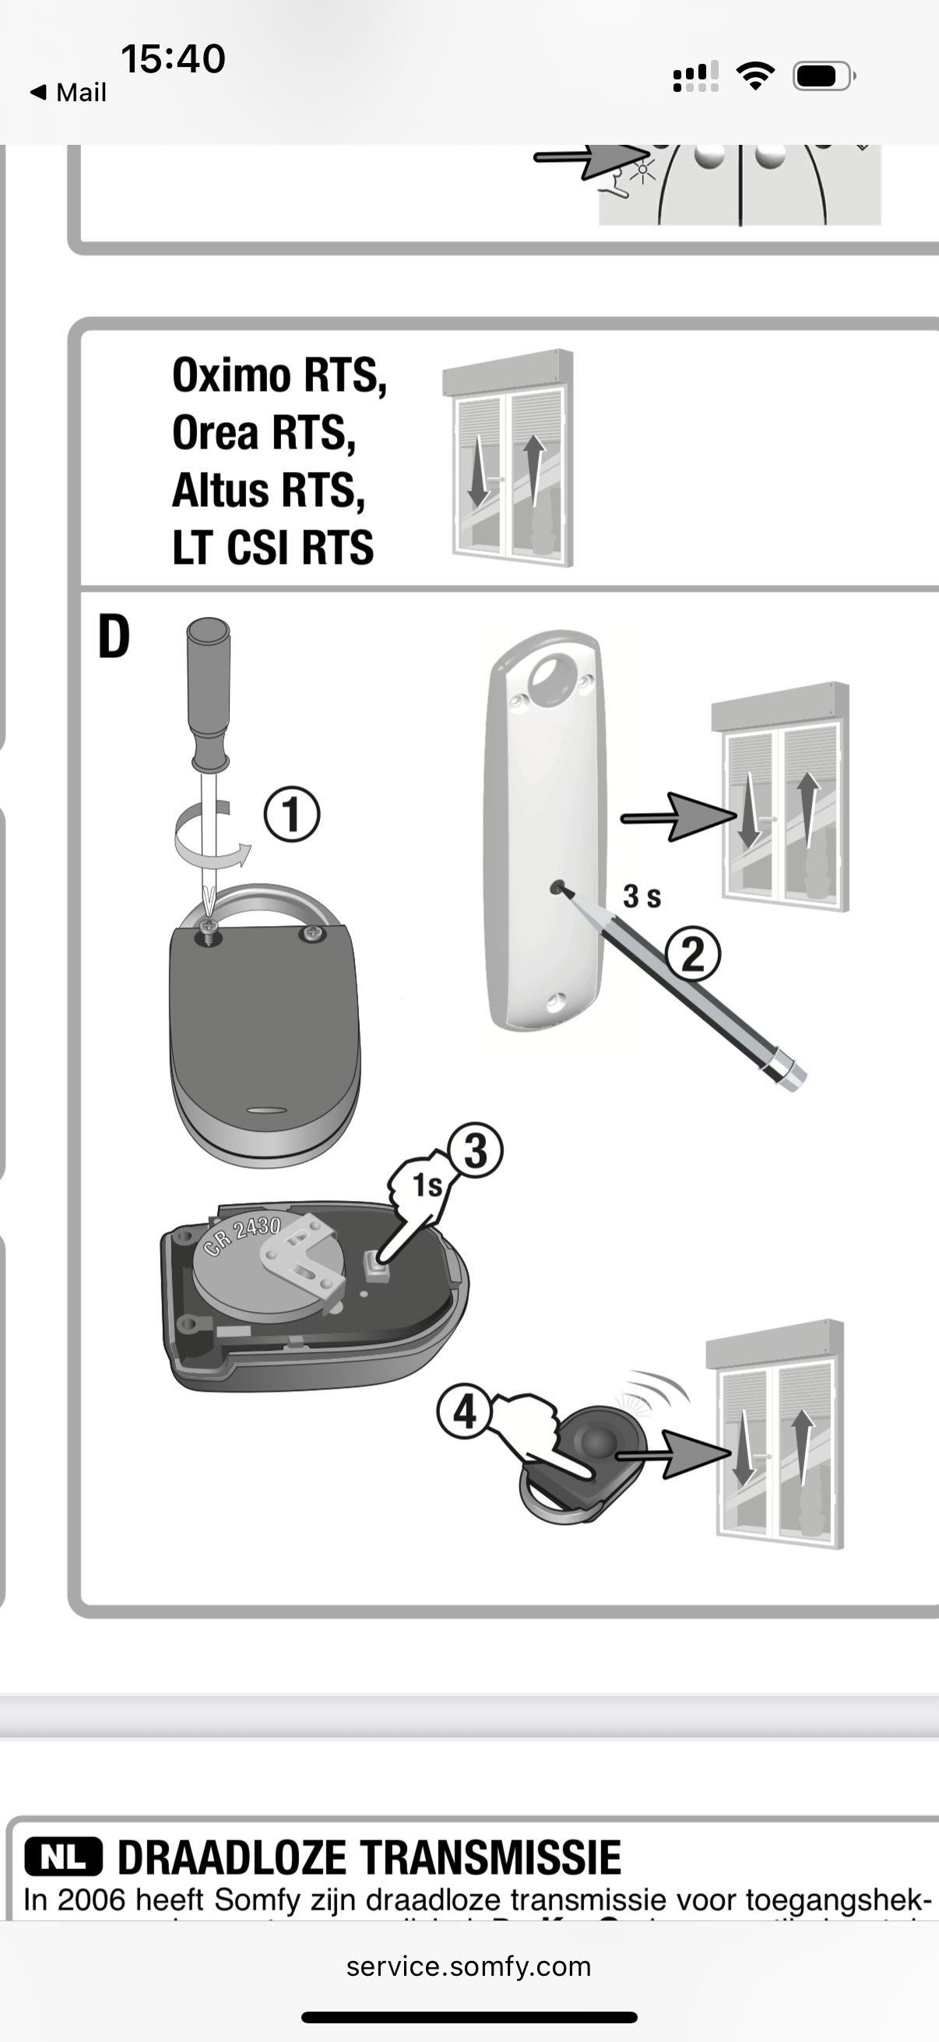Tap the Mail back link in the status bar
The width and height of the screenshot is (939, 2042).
[x=69, y=93]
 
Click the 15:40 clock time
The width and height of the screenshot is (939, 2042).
[x=173, y=58]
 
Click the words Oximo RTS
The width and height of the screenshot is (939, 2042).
[x=279, y=375]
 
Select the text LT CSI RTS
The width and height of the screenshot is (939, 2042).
[x=273, y=547]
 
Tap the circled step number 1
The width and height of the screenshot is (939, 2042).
[x=292, y=814]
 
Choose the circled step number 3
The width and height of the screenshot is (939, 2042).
[x=475, y=1150]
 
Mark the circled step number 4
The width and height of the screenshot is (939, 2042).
[x=464, y=1413]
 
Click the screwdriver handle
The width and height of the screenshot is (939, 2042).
[x=209, y=690]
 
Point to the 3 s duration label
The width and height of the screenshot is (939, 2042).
[x=641, y=896]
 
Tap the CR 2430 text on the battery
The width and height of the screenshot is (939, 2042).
[x=242, y=1236]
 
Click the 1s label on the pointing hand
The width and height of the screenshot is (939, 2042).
[x=427, y=1186]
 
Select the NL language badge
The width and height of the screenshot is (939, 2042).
[x=63, y=1857]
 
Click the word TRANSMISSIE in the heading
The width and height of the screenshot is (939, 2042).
[x=491, y=1857]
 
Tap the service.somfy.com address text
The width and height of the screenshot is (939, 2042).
[x=468, y=1966]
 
